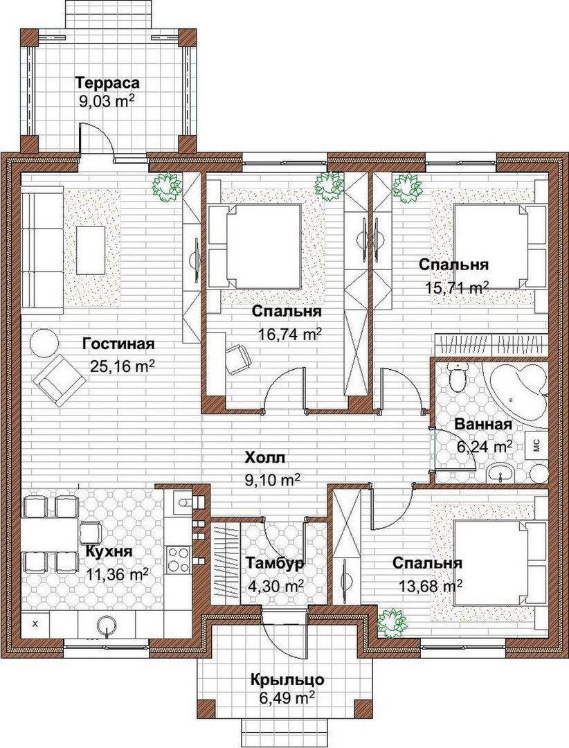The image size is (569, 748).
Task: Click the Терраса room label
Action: pos(108,82)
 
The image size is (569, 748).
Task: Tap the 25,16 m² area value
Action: pos(122,366)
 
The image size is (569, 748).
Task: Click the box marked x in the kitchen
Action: pos(35,623)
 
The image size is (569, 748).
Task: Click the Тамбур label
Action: pos(275,563)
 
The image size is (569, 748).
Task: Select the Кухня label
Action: pos(109,552)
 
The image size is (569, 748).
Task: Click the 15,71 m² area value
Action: pos(456,287)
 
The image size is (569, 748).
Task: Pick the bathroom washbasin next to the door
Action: pos(500,473)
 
